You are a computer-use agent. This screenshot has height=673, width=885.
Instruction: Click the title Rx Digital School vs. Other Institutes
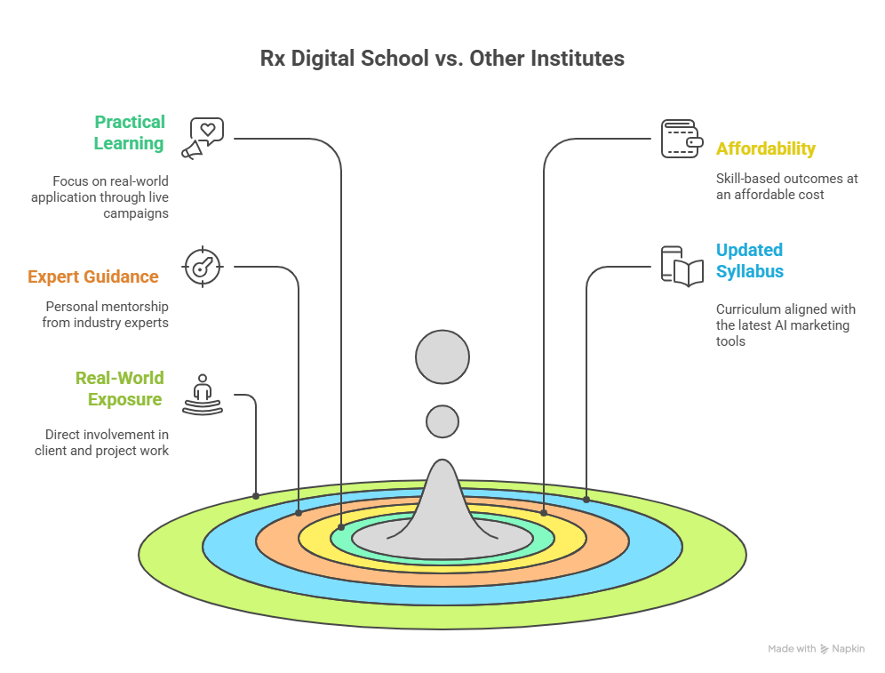pos(442,59)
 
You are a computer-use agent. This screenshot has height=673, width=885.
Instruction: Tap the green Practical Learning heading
pos(130,132)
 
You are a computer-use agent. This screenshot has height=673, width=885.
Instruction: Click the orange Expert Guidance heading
pos(93,276)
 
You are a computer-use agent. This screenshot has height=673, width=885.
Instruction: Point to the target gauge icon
pos(203,267)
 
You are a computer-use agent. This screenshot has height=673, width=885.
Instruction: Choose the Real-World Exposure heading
pos(119,389)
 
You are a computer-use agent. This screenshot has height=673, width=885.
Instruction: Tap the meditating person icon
pos(203,394)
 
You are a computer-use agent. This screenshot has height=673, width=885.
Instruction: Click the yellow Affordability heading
pos(765,148)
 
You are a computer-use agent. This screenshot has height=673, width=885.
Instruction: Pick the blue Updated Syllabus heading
pos(750,260)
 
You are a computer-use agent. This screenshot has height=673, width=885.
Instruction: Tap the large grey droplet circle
pos(442,357)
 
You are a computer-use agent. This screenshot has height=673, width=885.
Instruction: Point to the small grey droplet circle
pos(442,421)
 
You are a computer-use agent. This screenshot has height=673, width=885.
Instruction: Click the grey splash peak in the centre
pos(442,507)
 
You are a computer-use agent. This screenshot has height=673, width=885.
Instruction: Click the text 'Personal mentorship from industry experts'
pos(105,314)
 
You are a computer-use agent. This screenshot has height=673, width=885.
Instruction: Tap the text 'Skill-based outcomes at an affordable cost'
pos(787,186)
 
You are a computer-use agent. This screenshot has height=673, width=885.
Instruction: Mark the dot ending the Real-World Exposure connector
pos(256,495)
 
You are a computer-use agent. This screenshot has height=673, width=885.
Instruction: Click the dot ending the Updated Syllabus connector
pos(586,500)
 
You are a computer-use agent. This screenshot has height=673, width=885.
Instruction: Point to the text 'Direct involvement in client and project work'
pos(101,443)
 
